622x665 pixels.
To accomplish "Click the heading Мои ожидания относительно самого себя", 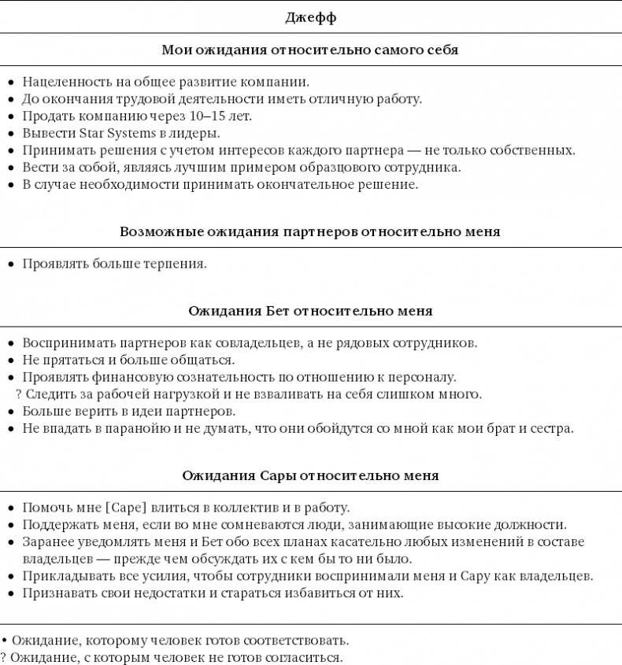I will click(x=310, y=50).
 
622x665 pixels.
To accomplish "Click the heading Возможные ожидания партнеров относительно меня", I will click(x=310, y=232).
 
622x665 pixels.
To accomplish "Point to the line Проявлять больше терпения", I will click(x=114, y=264).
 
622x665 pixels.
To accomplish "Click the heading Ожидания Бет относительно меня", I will click(x=310, y=311).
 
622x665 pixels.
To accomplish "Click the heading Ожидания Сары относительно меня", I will click(x=310, y=476).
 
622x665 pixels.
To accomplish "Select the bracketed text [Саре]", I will click(x=124, y=508).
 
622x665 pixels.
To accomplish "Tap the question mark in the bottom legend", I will click(x=3, y=657).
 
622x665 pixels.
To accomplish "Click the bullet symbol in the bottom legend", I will click(x=4, y=641).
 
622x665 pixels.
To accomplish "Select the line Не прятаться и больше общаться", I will click(x=128, y=360).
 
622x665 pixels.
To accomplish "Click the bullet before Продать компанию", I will click(x=10, y=116).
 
